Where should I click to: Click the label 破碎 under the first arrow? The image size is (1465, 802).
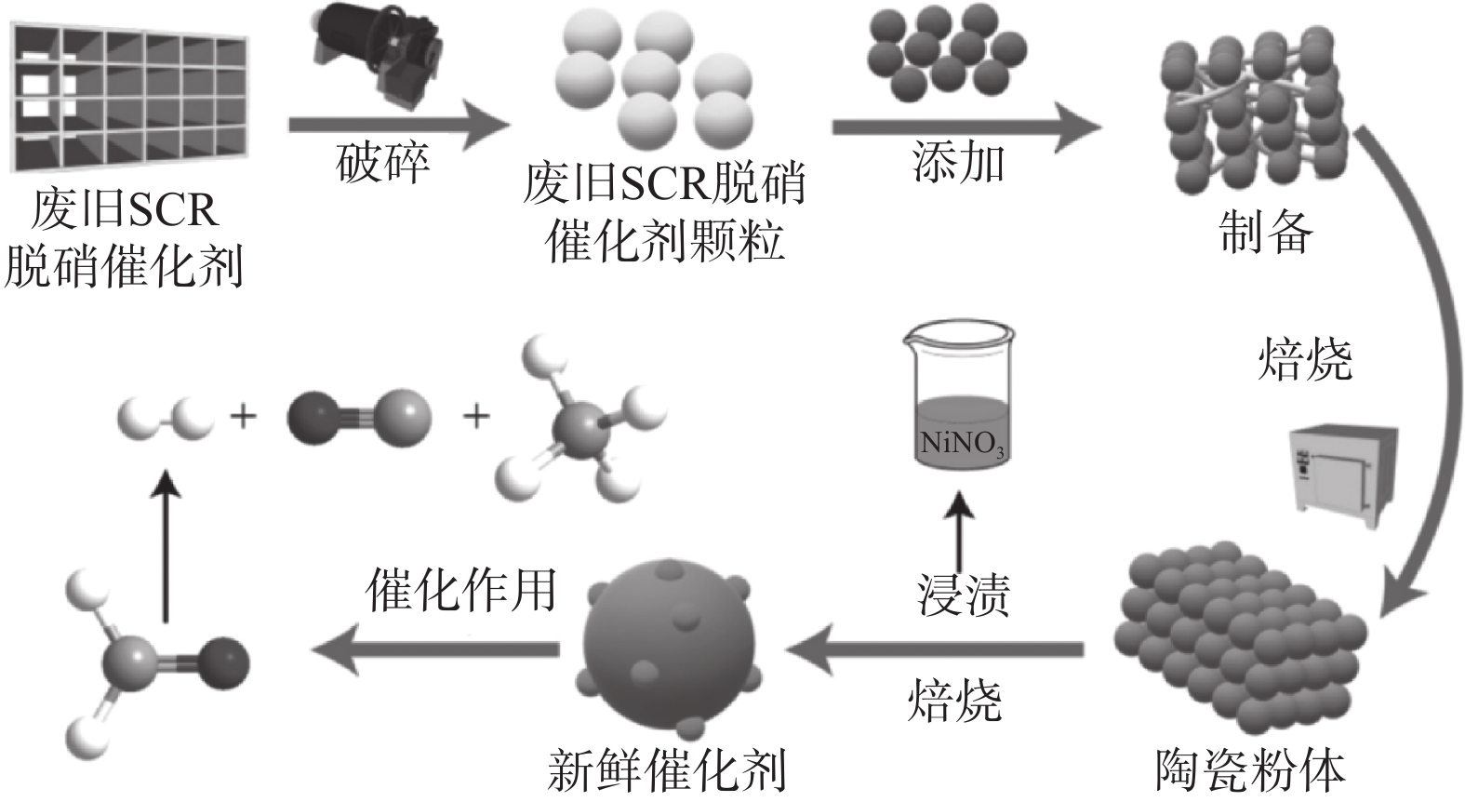pos(382,164)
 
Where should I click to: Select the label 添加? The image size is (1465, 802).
pos(958,164)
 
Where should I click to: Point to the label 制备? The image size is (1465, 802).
pos(1266,232)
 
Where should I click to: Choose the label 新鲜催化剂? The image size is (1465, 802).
pos(667,769)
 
